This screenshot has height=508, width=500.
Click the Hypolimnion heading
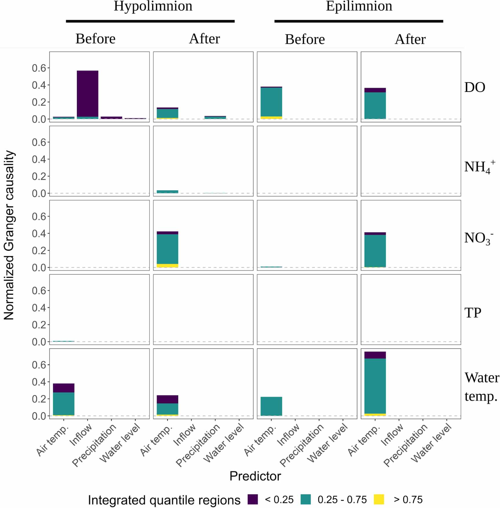(153, 6)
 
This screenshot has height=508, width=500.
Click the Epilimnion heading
(359, 6)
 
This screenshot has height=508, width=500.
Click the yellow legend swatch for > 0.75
(379, 499)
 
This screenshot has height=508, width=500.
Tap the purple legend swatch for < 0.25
(253, 499)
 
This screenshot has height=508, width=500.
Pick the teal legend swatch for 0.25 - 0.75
(306, 499)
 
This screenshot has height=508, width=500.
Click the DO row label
(474, 87)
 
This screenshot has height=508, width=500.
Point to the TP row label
(472, 313)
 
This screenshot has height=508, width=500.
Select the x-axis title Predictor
(255, 476)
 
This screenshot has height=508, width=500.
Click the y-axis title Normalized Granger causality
(9, 235)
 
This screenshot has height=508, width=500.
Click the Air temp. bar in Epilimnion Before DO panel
(271, 102)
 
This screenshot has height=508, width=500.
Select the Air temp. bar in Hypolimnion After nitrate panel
(167, 249)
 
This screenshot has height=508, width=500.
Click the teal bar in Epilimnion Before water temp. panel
(271, 406)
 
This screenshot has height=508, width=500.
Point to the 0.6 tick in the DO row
(39, 68)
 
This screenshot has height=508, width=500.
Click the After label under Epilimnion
(410, 39)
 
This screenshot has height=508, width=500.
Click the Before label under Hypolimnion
(95, 39)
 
